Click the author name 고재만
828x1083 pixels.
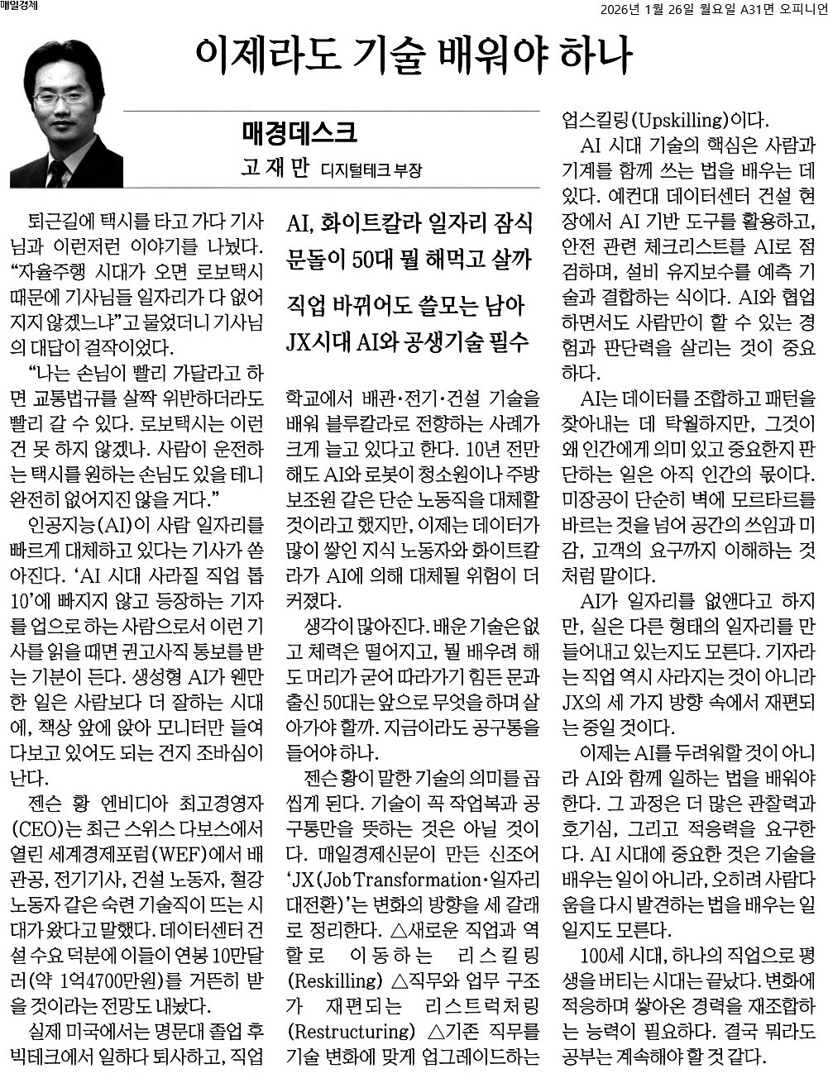tap(274, 169)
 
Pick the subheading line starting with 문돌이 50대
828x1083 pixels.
tap(409, 260)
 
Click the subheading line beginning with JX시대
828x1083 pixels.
tap(409, 341)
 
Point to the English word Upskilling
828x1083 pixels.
tap(679, 118)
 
